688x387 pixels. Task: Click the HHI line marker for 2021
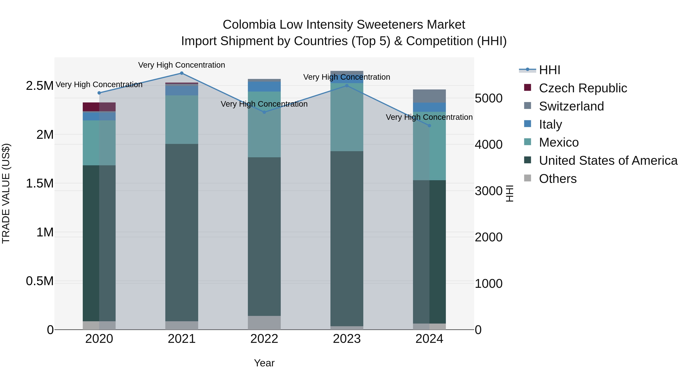coord(182,73)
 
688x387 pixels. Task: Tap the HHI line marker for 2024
coord(429,126)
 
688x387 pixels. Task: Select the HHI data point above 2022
coord(264,112)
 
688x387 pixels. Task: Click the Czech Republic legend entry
coord(583,88)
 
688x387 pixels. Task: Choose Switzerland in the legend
coord(571,106)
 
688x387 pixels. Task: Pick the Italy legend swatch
coord(527,124)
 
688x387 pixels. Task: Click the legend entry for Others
coord(557,179)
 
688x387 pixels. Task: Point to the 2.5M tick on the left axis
coord(40,86)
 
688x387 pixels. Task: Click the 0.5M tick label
coord(40,281)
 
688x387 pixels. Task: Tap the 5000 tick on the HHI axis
coord(488,98)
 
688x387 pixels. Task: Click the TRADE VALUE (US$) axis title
coord(6,193)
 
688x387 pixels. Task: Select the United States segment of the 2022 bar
coord(264,236)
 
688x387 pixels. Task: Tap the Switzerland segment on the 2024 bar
coord(429,96)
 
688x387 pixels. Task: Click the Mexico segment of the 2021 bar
coord(182,120)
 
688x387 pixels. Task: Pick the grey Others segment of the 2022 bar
coord(264,323)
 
